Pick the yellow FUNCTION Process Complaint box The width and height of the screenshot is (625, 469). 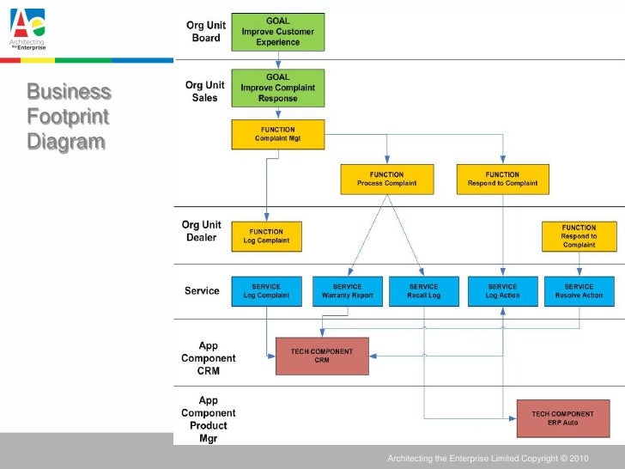387,179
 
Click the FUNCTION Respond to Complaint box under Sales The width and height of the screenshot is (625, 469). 502,179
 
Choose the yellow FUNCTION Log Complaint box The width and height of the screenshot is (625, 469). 266,236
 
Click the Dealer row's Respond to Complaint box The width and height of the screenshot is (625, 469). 579,236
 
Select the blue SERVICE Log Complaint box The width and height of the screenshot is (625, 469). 266,291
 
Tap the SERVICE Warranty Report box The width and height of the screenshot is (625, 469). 347,291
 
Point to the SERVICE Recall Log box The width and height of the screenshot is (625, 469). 424,291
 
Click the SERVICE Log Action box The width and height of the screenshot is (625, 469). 502,291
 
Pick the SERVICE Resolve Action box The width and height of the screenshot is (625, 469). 579,291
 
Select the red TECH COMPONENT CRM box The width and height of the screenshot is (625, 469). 322,356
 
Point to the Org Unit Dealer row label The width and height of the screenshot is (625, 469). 202,231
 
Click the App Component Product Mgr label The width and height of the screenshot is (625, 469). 208,419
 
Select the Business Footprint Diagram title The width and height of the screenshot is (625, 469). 69,116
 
